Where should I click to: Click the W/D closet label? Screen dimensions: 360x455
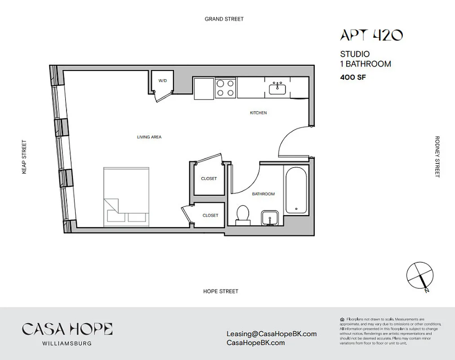162,81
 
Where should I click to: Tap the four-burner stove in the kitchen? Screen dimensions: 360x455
225,88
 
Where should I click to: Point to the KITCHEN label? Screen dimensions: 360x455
258,113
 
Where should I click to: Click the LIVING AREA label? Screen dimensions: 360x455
149,137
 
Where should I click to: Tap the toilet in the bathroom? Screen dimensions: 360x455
243,213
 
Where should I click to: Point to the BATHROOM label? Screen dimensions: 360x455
263,194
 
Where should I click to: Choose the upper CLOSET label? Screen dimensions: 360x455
209,179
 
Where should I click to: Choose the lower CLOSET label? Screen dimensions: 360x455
210,216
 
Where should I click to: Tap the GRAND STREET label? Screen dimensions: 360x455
224,19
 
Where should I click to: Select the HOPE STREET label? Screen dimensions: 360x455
220,291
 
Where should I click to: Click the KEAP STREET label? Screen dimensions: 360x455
24,157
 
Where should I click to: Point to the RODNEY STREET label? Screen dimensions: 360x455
437,157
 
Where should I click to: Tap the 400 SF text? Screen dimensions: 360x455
353,77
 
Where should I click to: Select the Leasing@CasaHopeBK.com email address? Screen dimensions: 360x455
272,334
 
